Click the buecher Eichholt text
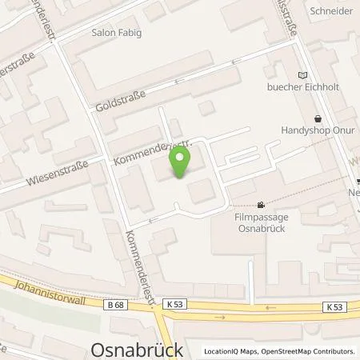298,89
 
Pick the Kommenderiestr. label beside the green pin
146,148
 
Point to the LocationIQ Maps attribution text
230,351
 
